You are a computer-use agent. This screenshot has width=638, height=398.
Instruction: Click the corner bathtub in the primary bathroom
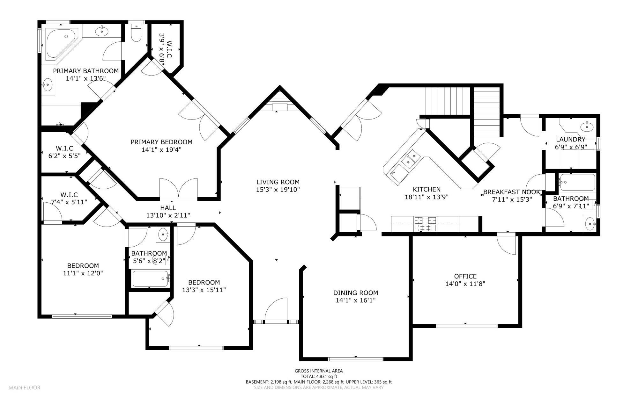(x=61, y=43)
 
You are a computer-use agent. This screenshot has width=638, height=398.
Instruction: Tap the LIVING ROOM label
(x=278, y=182)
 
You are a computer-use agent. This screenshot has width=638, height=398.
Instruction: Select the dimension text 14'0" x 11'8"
(x=465, y=284)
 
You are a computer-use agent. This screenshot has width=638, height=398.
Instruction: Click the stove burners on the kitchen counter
(x=426, y=224)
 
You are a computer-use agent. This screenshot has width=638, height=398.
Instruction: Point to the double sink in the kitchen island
(x=410, y=159)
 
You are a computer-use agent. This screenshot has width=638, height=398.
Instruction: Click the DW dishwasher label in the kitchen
(x=393, y=173)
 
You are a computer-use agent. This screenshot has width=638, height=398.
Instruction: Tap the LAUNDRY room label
(x=570, y=139)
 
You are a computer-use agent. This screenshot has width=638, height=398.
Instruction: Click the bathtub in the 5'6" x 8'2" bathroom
(x=150, y=279)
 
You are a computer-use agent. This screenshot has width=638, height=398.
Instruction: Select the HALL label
(x=168, y=208)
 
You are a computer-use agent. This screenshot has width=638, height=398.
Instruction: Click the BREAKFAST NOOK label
(x=511, y=192)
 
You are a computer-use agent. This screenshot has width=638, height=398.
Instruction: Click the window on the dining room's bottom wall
(x=356, y=359)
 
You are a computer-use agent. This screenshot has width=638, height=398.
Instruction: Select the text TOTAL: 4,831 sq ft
(x=318, y=376)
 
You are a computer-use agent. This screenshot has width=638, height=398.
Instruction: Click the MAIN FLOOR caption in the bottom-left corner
(x=25, y=388)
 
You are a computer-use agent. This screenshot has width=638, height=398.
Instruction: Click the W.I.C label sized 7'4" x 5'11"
(x=69, y=195)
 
